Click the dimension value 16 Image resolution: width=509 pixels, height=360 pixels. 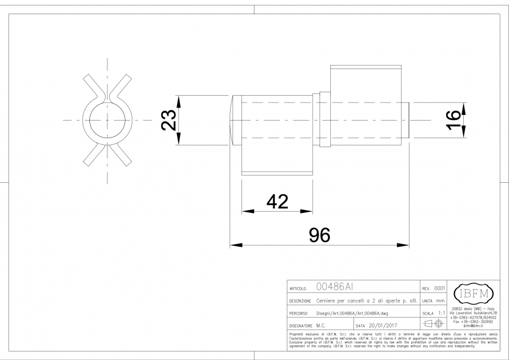(453, 120)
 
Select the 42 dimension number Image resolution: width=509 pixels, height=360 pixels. (277, 201)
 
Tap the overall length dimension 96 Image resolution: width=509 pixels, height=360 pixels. (320, 235)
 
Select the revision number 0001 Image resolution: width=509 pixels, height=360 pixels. (439, 288)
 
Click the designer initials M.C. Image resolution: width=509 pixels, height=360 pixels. (321, 326)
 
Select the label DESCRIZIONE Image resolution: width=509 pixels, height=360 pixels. (301, 301)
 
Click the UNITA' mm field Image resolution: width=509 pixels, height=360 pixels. (433, 301)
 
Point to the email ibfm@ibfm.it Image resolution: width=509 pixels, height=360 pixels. (475, 326)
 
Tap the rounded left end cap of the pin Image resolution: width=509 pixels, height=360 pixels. (234, 118)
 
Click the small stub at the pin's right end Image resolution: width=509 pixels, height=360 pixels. (408, 121)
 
